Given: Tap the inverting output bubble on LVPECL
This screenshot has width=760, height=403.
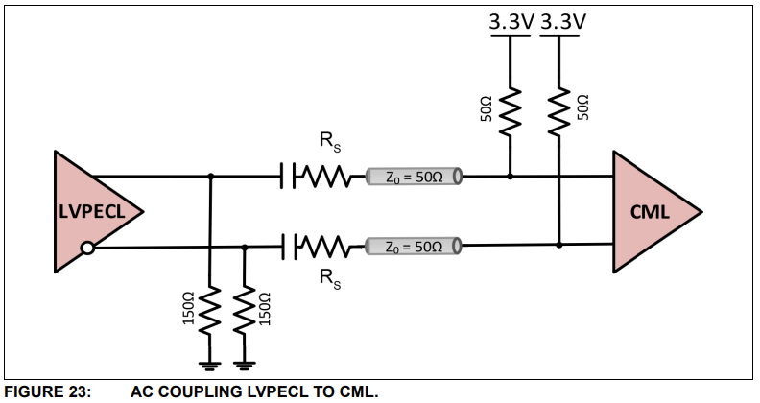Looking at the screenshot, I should pyautogui.click(x=87, y=249).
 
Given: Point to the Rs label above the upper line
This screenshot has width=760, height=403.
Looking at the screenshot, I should pyautogui.click(x=329, y=144).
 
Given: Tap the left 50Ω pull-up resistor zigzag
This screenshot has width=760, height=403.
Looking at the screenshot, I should pyautogui.click(x=510, y=110).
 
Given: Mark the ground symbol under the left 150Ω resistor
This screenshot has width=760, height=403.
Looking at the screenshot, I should pyautogui.click(x=209, y=364).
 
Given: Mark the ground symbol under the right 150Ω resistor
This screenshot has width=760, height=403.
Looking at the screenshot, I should pyautogui.click(x=245, y=364).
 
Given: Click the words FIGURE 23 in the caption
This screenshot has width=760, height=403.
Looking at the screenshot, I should pyautogui.click(x=48, y=391).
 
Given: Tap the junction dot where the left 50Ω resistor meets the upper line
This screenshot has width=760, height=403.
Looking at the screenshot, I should pyautogui.click(x=510, y=177).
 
